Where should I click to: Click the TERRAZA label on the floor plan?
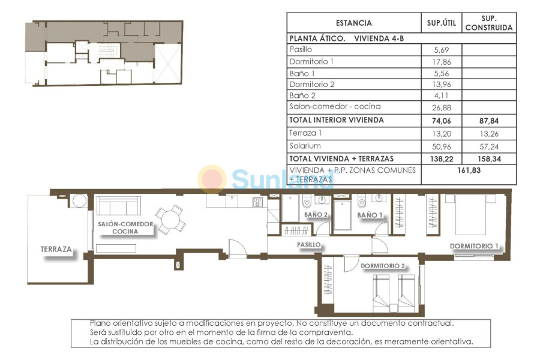[x=56, y=249]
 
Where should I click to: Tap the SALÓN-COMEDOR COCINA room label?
[x=125, y=227]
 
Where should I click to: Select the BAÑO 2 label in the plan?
[x=316, y=214]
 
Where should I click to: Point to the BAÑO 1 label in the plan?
[x=370, y=214]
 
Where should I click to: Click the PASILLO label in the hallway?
[x=309, y=245]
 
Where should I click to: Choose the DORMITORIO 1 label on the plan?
[x=474, y=246]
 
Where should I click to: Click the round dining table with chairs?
[x=170, y=219]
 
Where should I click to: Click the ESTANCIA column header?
[x=353, y=23]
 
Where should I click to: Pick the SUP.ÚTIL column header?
[x=442, y=23]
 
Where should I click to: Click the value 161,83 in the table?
[x=469, y=170]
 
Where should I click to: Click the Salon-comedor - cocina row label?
[x=335, y=107]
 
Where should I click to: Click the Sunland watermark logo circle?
[x=212, y=179]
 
